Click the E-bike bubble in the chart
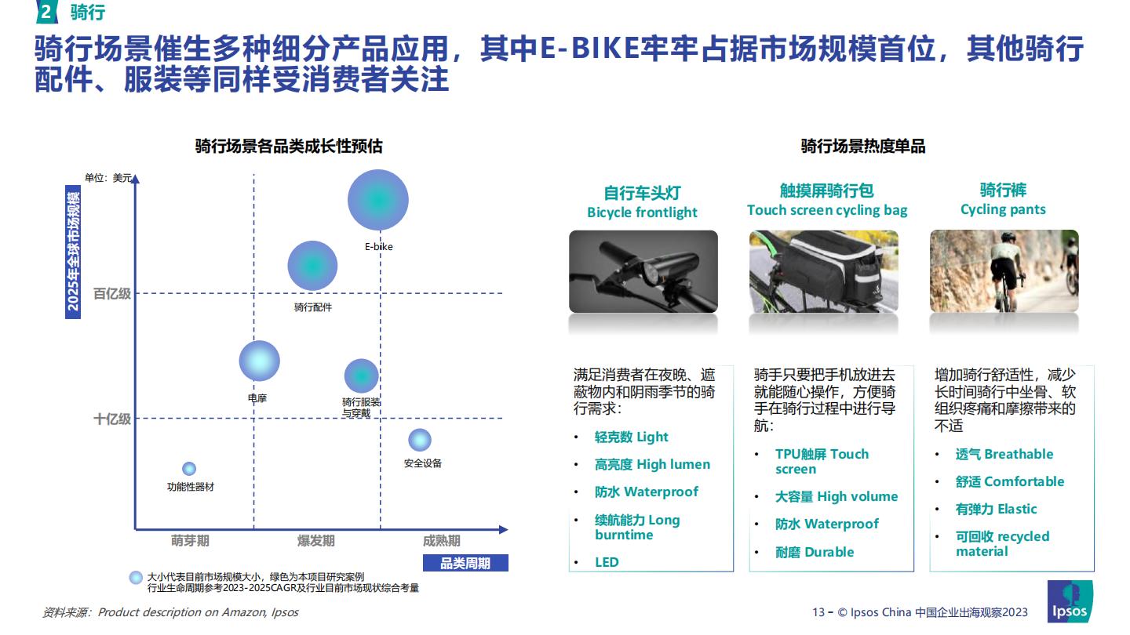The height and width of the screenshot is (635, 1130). tap(378, 200)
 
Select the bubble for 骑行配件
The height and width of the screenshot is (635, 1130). tap(312, 266)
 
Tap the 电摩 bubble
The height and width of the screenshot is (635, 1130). tap(259, 361)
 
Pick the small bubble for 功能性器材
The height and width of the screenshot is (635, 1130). tap(189, 469)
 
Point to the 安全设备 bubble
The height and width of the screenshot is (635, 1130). tap(420, 440)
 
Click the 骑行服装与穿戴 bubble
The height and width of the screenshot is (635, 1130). tap(361, 376)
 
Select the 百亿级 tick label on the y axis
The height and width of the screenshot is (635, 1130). tap(112, 293)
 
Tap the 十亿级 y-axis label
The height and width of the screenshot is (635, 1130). tap(112, 419)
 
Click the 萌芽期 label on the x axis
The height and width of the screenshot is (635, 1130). tap(190, 541)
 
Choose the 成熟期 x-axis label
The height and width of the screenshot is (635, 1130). tap(441, 541)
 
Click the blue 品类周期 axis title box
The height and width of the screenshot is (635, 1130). tap(465, 563)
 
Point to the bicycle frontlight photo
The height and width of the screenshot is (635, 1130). tap(643, 271)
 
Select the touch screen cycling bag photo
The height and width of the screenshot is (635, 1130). tap(824, 271)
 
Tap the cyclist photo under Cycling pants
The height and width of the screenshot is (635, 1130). tap(1004, 271)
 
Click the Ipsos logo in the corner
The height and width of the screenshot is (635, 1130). tap(1070, 601)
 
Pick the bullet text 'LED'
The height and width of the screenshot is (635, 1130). tap(607, 562)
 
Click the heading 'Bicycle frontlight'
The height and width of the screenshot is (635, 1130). tap(642, 212)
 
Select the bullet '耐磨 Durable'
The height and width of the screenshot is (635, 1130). tap(815, 552)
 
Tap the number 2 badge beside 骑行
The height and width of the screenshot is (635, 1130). tap(46, 12)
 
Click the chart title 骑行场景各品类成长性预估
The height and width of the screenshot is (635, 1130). tap(289, 146)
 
